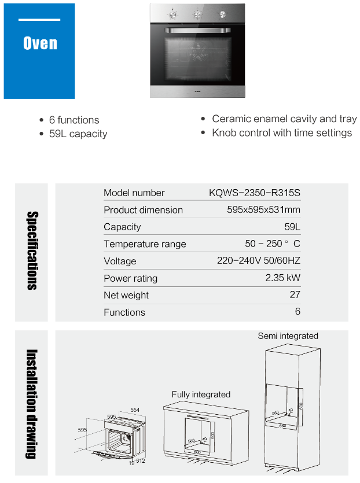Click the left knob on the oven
[172, 13]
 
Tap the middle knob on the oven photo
[197, 13]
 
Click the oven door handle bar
[197, 30]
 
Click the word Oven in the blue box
[39, 43]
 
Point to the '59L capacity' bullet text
[78, 134]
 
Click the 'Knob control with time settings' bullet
[282, 132]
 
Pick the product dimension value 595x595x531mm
[263, 210]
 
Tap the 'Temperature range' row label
[145, 244]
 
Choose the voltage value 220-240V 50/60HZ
[259, 261]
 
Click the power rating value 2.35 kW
[282, 278]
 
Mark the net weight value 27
[295, 295]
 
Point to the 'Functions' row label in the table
[124, 312]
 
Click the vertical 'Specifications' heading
[32, 251]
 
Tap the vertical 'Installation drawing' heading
[32, 404]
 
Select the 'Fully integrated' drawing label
[201, 394]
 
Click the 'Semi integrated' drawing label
[288, 335]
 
